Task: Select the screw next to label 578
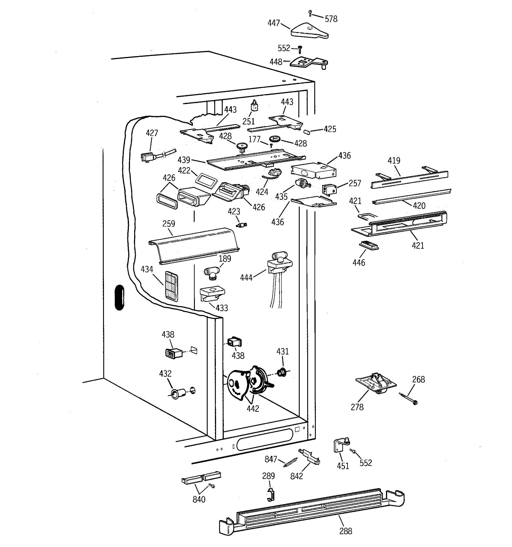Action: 310,12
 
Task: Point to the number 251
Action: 248,121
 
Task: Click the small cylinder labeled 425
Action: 307,132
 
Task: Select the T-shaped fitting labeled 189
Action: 212,273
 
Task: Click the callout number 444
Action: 246,278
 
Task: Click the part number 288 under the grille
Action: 345,531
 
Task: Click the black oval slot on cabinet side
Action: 119,297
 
